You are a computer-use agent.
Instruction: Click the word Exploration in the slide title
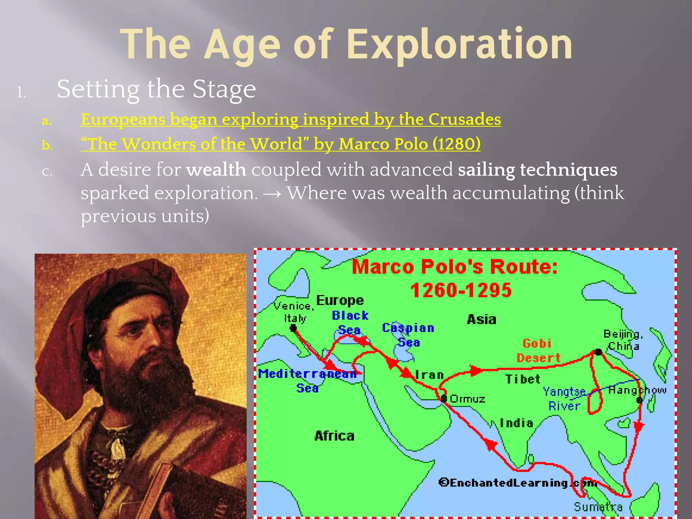[460, 45]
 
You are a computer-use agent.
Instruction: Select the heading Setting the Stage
[156, 89]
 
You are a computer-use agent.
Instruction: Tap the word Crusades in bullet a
[465, 119]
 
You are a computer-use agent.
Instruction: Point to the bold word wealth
[216, 169]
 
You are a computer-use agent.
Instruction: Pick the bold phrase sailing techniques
[537, 169]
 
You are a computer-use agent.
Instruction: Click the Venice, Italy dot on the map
[293, 328]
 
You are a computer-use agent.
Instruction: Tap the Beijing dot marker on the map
[598, 352]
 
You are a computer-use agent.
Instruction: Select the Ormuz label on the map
[468, 399]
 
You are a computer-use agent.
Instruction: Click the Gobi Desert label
[538, 351]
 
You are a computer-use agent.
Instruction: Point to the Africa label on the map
[334, 436]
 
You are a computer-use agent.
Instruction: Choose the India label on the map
[516, 423]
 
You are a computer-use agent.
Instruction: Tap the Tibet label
[523, 379]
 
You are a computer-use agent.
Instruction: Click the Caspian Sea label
[408, 335]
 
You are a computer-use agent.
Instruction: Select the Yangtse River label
[564, 399]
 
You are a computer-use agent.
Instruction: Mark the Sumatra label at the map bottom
[598, 507]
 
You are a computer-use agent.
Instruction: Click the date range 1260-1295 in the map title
[461, 290]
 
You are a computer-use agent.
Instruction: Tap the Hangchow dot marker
[639, 400]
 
